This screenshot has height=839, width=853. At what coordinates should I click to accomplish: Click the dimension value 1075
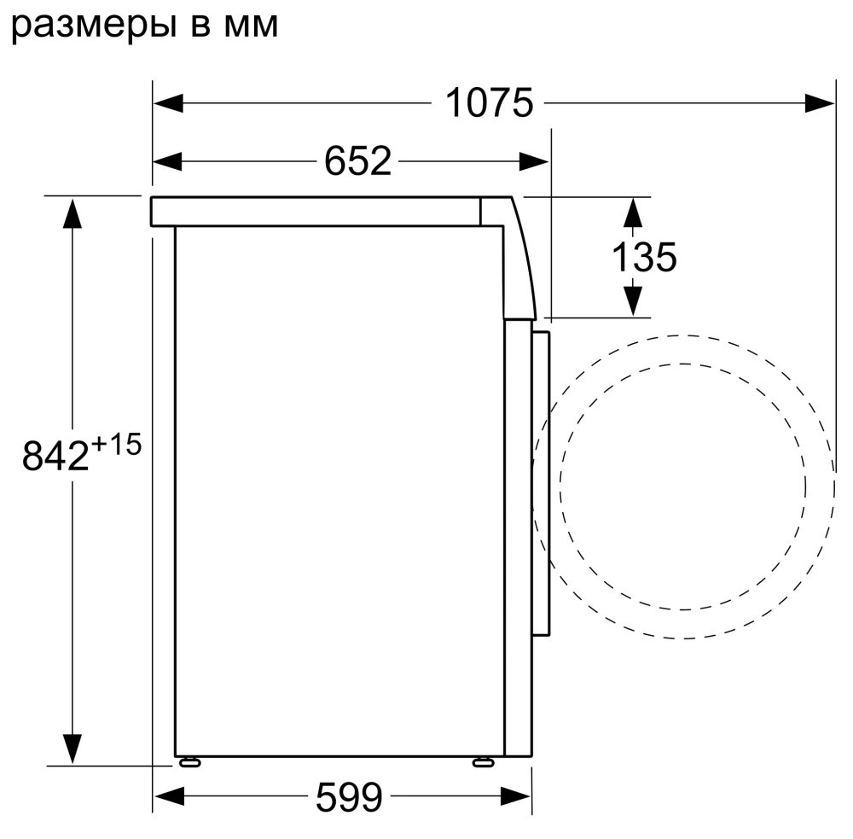[489, 103]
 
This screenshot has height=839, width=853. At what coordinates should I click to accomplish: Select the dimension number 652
[357, 161]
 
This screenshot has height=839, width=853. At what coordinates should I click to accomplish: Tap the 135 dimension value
[645, 257]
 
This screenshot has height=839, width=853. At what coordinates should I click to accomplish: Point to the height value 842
[55, 456]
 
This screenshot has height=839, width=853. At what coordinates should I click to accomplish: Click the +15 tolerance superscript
[116, 445]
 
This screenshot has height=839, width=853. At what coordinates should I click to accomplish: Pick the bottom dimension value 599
[349, 797]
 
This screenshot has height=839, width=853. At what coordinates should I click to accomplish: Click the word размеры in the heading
[94, 26]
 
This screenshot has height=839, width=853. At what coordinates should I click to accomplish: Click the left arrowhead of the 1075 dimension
[168, 103]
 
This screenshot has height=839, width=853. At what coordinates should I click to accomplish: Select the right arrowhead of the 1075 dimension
[819, 103]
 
